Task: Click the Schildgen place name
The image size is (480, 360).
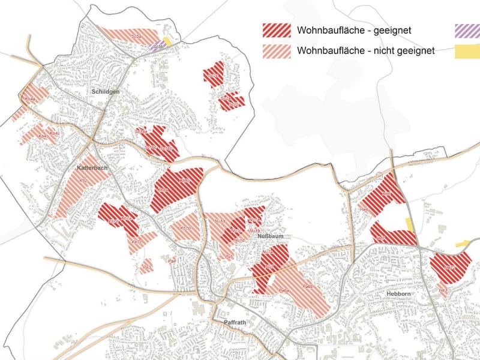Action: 106,92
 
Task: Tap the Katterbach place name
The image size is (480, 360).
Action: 92,168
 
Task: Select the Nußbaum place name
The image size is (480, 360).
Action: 270,236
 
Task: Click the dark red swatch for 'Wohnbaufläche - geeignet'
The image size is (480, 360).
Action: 277,30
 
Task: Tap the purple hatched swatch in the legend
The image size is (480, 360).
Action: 467,30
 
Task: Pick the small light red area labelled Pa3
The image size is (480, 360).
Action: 146,266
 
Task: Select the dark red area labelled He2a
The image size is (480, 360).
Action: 450,268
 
